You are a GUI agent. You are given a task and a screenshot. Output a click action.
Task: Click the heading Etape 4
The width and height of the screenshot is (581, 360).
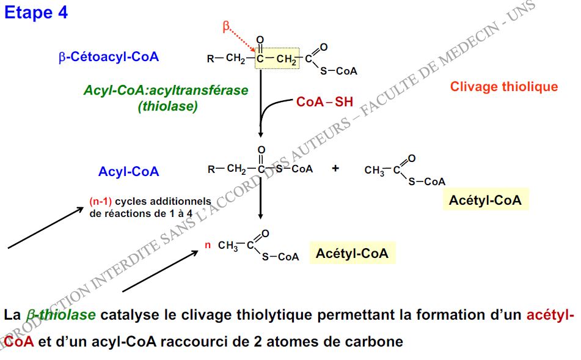36,13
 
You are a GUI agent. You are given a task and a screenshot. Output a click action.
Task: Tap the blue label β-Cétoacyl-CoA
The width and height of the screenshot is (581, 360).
108,57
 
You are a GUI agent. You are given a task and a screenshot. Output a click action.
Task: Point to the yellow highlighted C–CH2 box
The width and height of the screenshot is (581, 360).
277,59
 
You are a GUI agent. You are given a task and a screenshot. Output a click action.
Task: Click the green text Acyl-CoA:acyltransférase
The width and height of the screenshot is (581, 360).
166,90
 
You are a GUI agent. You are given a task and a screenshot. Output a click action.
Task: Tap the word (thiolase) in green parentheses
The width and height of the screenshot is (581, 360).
167,106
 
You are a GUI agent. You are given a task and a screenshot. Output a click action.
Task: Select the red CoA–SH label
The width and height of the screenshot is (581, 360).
324,102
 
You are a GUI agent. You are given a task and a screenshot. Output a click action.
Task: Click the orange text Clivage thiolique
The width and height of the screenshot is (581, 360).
504,87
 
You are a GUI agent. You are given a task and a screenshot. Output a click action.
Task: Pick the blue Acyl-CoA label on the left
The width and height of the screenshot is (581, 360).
128,172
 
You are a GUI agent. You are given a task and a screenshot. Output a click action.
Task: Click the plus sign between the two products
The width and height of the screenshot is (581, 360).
335,168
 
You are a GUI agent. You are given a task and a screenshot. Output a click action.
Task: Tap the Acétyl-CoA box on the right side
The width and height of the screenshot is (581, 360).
485,200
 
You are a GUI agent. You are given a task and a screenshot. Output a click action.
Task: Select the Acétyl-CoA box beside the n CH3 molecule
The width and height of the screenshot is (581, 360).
352,253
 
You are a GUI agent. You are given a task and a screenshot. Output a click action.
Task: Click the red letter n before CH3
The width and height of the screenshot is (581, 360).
207,246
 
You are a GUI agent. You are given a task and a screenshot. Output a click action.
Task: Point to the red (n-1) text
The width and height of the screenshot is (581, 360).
101,201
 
